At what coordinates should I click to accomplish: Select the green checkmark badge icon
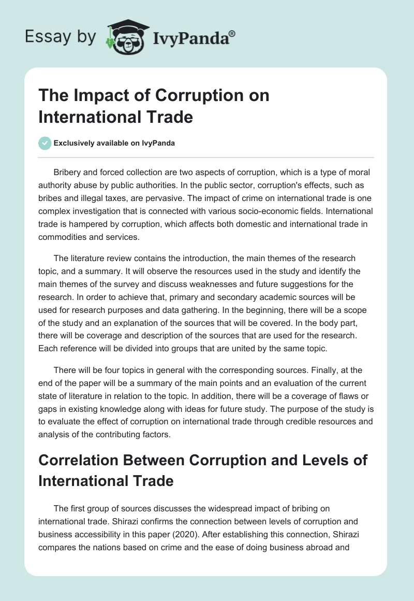(x=45, y=143)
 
